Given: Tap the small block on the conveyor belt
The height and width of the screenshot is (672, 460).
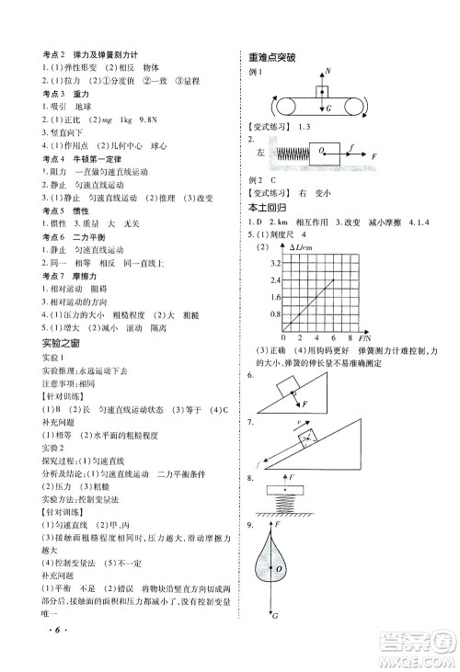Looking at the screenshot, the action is pos(322,92).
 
